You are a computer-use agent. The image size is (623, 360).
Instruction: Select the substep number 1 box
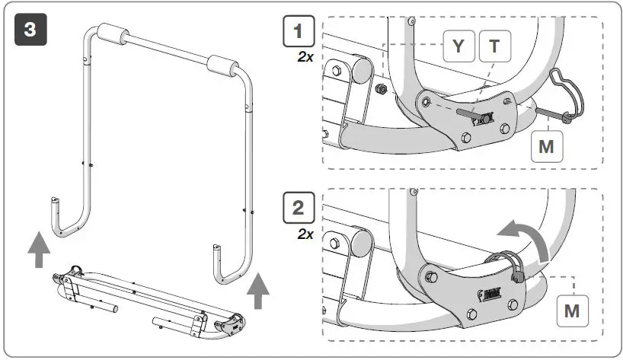[x=298, y=33]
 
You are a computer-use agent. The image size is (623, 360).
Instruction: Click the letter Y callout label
[x=458, y=46]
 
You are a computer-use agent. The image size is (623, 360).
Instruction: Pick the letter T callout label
[x=495, y=46]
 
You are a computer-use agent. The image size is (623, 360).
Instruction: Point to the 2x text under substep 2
[x=305, y=234]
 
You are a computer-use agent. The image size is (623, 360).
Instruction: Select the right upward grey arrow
[x=259, y=290]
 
